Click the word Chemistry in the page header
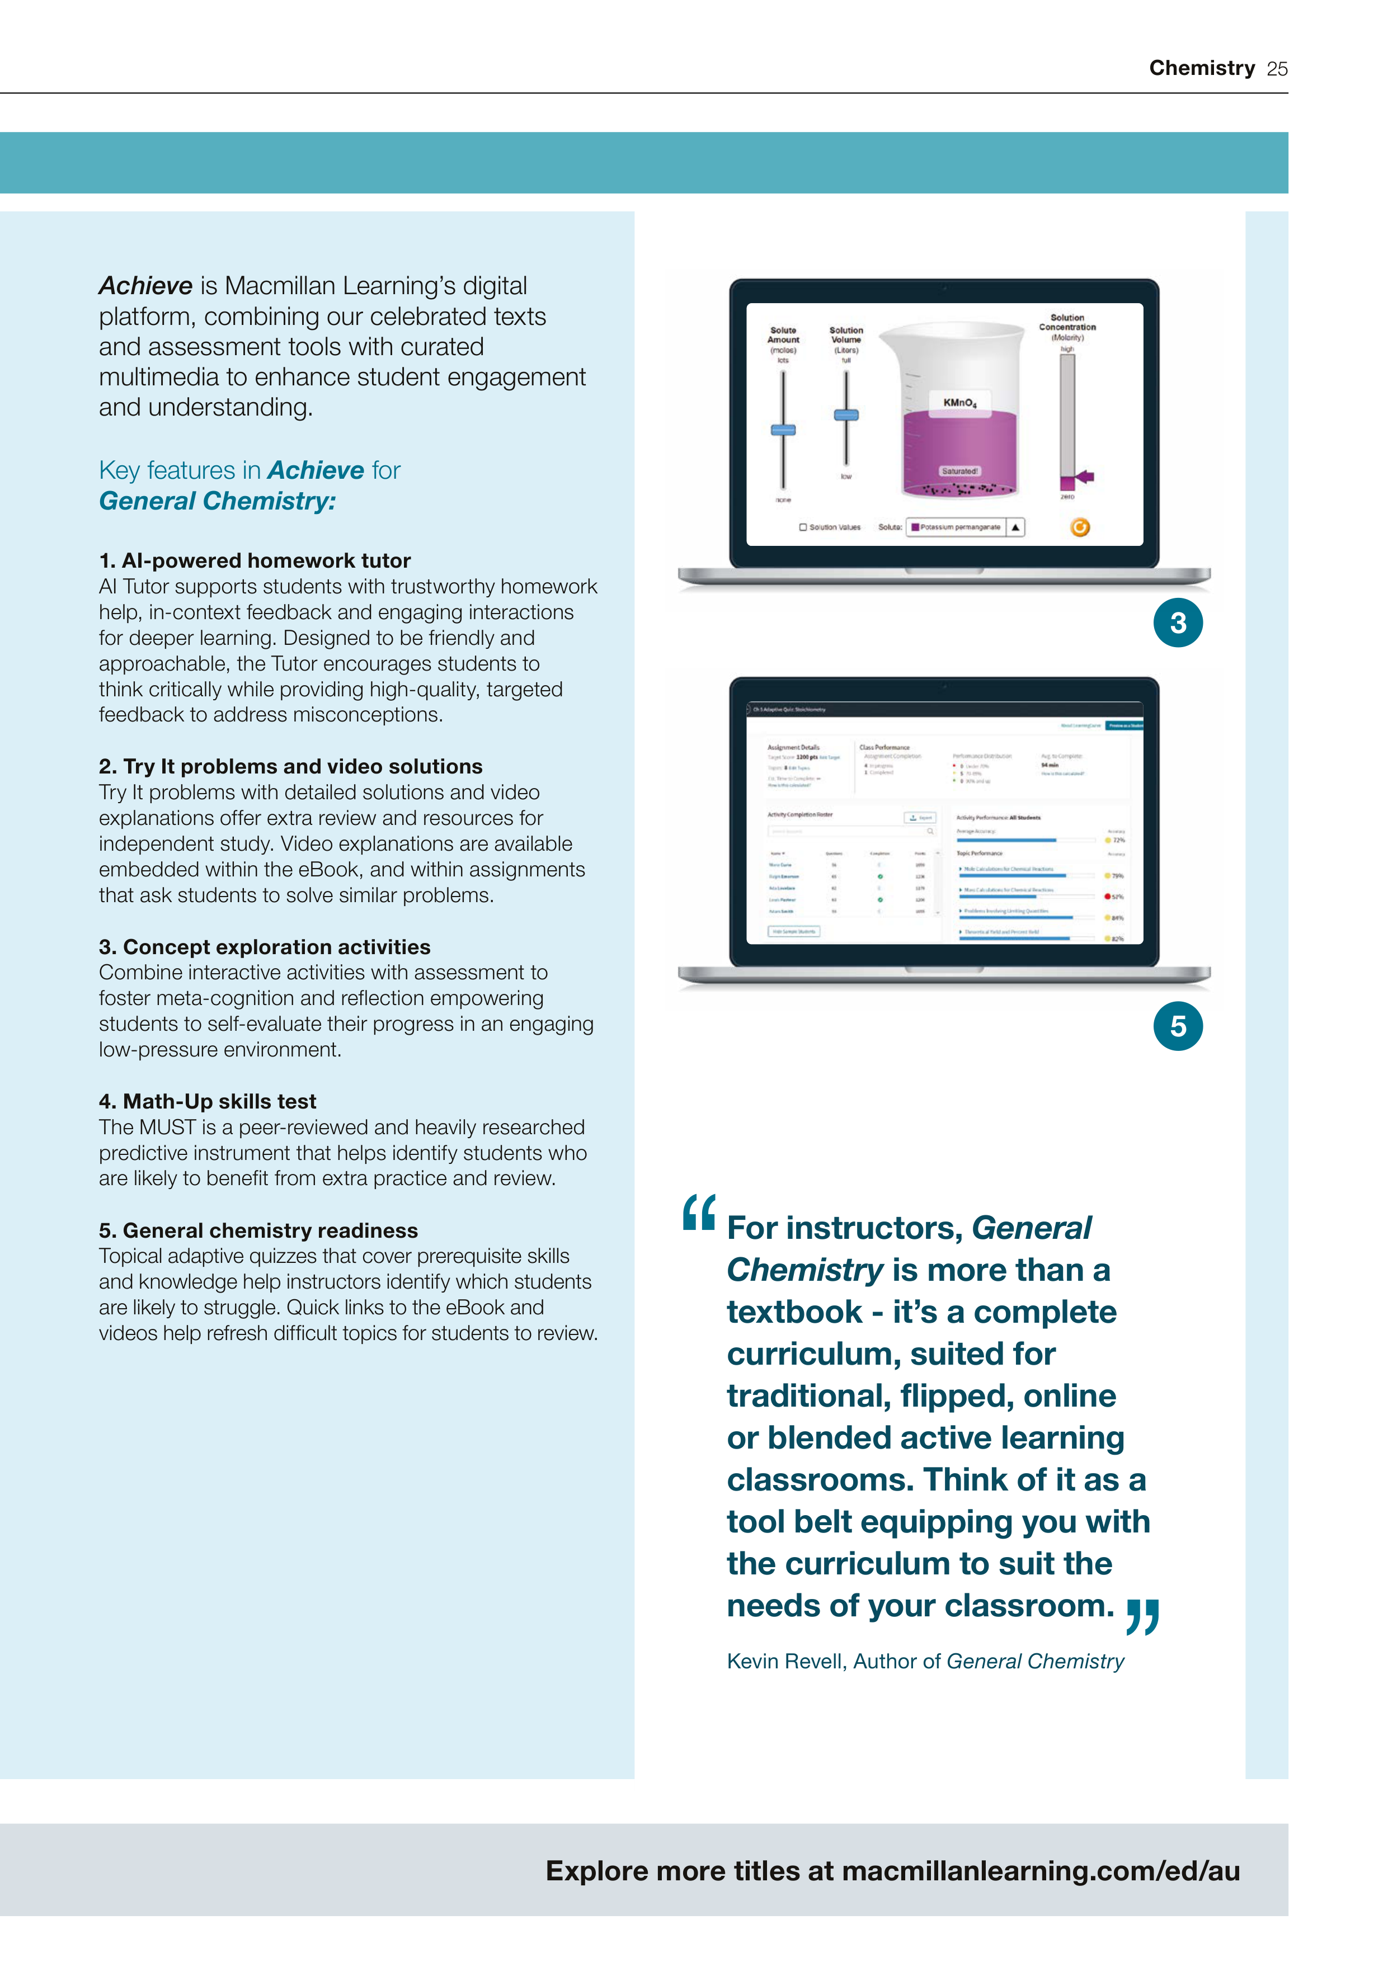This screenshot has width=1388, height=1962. click(1202, 68)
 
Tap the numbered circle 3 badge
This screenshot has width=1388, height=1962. click(1178, 623)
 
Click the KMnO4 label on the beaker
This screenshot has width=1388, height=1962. click(960, 403)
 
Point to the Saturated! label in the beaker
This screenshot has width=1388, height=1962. click(960, 471)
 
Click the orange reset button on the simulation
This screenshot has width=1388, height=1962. click(1080, 527)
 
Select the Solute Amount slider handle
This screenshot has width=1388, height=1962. click(783, 430)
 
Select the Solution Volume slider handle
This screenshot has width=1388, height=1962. click(846, 416)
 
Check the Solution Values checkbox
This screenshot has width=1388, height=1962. click(803, 527)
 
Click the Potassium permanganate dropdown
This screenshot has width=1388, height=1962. click(966, 527)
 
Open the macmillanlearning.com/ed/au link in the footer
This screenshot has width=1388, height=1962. click(1040, 1871)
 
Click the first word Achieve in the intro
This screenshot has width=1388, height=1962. click(145, 285)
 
